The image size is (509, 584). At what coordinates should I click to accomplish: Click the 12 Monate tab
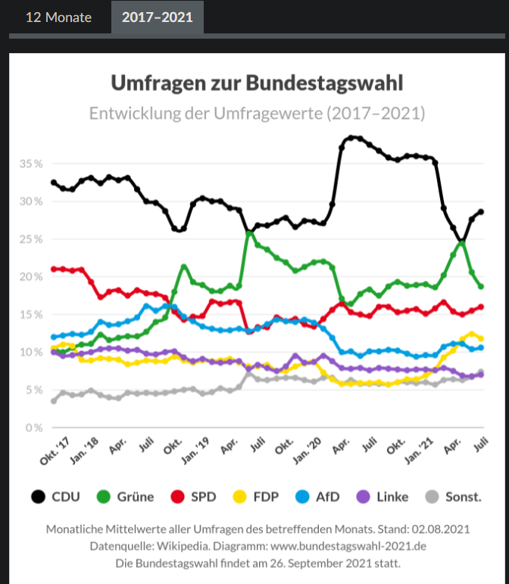[x=58, y=17]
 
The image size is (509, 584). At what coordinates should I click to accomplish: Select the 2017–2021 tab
[x=158, y=17]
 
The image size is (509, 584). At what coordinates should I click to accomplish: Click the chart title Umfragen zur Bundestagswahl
[x=258, y=83]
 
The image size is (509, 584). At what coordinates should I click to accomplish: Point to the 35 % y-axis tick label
[x=31, y=164]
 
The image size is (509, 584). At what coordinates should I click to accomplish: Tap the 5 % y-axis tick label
[x=34, y=390]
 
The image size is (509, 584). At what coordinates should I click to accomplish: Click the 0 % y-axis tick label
[x=34, y=428]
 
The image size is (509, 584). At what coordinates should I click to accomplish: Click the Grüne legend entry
[x=126, y=498]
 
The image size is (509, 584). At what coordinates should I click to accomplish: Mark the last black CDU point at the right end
[x=480, y=212]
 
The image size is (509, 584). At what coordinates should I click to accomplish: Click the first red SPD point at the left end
[x=53, y=268]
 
